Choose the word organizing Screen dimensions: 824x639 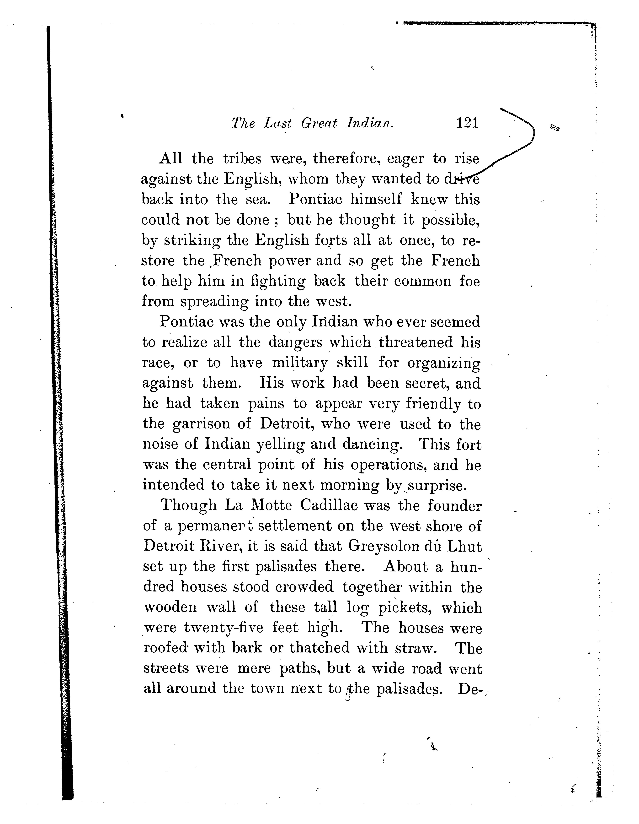point(444,363)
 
